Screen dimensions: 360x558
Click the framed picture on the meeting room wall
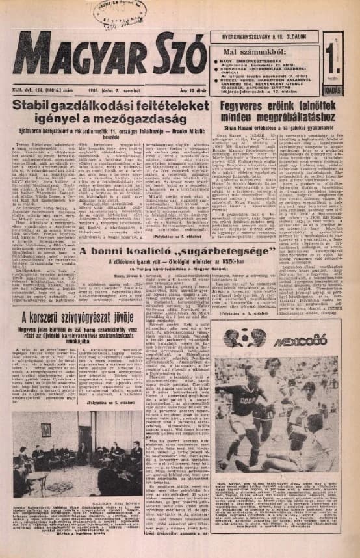(x=46, y=430)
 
